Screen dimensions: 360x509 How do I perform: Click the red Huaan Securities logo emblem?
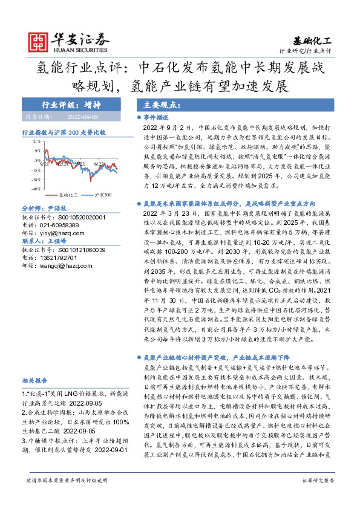tap(41, 41)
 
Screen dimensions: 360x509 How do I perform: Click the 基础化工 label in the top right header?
tap(315, 41)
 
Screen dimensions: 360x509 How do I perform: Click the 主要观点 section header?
tap(155, 104)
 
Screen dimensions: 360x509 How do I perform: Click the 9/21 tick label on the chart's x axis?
tap(45, 163)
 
